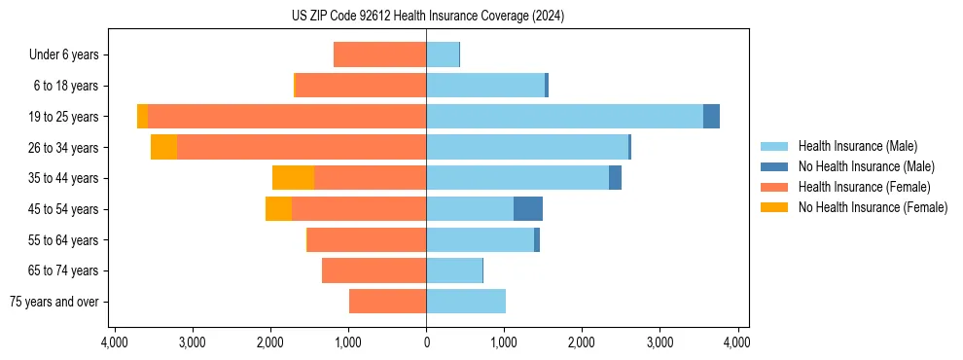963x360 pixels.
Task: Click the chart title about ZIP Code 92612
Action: click(x=427, y=17)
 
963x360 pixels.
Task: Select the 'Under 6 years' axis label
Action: click(x=64, y=54)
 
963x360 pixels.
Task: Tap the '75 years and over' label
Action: click(x=54, y=302)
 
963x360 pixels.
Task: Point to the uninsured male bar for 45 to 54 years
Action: click(x=528, y=208)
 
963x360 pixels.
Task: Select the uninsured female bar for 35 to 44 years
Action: click(x=293, y=178)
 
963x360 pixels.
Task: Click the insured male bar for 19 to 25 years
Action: click(x=564, y=116)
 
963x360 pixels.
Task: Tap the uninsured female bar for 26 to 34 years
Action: click(x=163, y=147)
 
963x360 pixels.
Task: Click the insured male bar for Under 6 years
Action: click(x=443, y=54)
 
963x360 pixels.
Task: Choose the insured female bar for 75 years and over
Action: click(x=387, y=302)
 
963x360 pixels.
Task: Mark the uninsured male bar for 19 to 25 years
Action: click(x=711, y=116)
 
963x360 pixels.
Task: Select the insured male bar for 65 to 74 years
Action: click(x=454, y=270)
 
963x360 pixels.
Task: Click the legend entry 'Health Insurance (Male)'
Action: click(x=857, y=146)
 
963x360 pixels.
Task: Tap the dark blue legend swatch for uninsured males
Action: click(x=774, y=166)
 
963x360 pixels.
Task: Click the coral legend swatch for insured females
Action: click(x=774, y=187)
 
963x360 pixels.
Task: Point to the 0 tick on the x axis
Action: click(x=426, y=343)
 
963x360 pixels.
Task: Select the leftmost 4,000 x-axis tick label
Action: click(x=115, y=343)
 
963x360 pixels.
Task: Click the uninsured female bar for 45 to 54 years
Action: click(x=278, y=208)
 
